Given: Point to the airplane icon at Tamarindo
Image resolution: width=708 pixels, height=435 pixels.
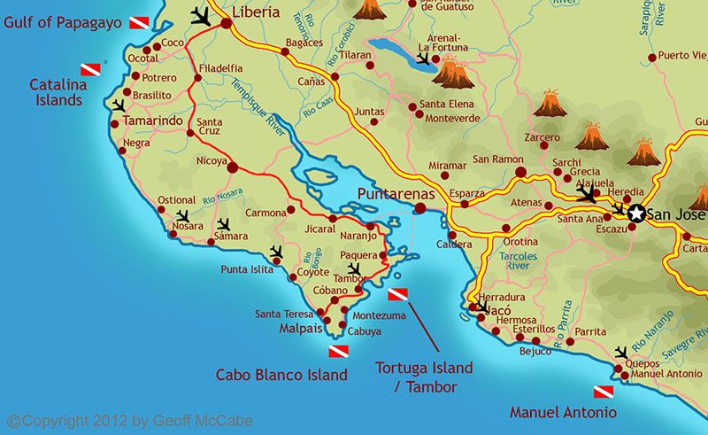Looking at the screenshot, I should pyautogui.click(x=118, y=105).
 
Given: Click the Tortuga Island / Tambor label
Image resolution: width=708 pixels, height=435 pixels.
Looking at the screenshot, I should pyautogui.click(x=424, y=376).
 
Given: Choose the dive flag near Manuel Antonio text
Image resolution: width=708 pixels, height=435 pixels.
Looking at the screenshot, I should pyautogui.click(x=602, y=392).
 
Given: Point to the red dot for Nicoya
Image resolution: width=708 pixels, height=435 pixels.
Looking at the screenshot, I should pyautogui.click(x=233, y=167).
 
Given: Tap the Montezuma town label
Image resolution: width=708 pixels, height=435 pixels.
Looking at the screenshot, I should pyautogui.click(x=378, y=315).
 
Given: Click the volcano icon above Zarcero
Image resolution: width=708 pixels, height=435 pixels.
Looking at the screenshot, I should pyautogui.click(x=550, y=104).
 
